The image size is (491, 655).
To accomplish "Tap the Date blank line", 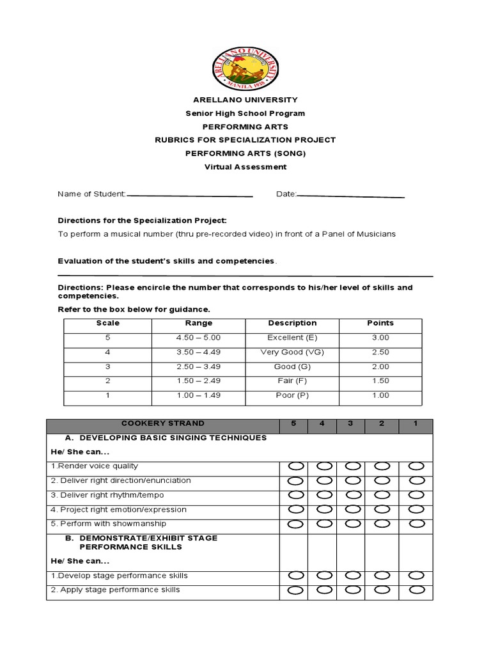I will click(x=351, y=196).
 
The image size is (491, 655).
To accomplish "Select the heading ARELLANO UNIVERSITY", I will click(x=245, y=100).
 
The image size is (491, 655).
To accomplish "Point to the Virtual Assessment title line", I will click(x=245, y=167).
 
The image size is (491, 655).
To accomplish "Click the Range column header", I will click(x=198, y=323).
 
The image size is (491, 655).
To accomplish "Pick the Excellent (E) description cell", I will click(x=292, y=337).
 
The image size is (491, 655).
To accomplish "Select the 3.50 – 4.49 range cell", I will click(x=198, y=352).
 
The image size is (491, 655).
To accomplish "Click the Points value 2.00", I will click(x=380, y=367).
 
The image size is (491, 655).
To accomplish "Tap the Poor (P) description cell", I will click(x=292, y=395).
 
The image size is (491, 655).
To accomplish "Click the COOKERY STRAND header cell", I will click(x=163, y=423).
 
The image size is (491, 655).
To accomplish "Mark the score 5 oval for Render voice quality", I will click(x=296, y=466).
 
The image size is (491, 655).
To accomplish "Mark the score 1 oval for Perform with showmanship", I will click(x=417, y=524).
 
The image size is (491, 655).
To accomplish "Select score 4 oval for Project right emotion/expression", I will click(x=324, y=510).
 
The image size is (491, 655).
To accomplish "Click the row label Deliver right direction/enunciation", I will click(x=121, y=480).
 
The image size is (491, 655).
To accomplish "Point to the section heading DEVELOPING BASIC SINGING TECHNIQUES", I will click(x=166, y=438).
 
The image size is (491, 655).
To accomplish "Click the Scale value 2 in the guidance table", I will click(x=108, y=381).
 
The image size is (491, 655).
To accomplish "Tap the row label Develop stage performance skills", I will click(x=119, y=576).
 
